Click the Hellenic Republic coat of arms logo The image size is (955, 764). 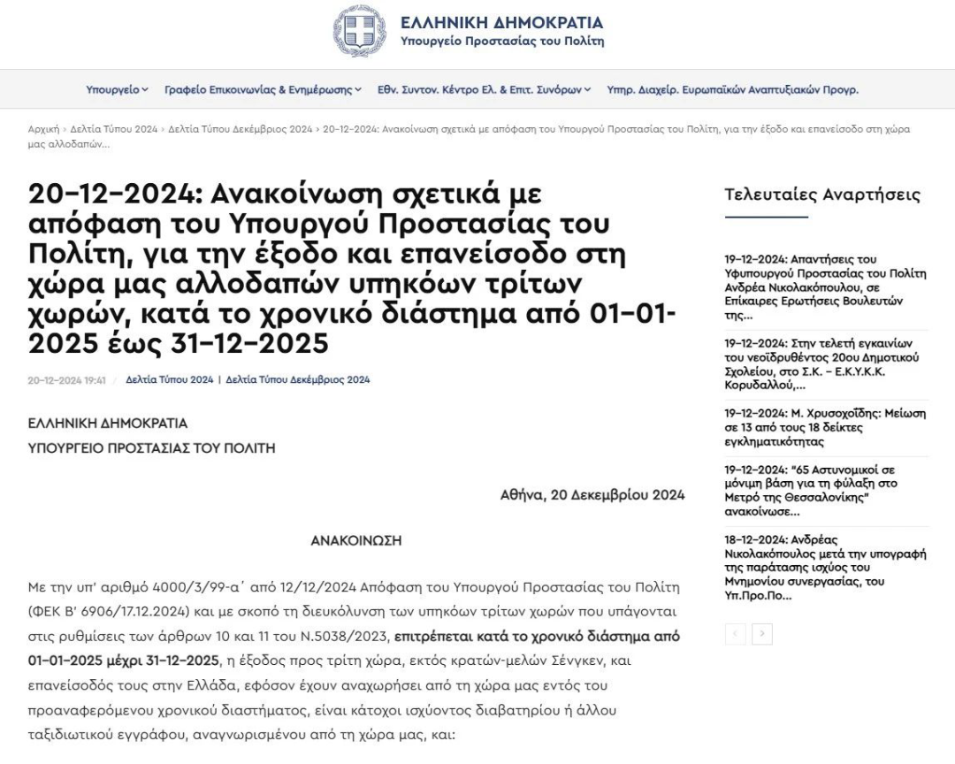pyautogui.click(x=359, y=31)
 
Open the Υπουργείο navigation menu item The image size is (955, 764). pyautogui.click(x=117, y=89)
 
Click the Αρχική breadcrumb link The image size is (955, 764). pyautogui.click(x=43, y=129)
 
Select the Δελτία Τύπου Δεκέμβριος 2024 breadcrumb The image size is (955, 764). pyautogui.click(x=241, y=129)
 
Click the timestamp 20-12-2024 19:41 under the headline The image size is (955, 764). pyautogui.click(x=67, y=380)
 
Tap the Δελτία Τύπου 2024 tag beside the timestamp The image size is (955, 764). pyautogui.click(x=169, y=380)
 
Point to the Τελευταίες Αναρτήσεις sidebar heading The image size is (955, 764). pyautogui.click(x=822, y=195)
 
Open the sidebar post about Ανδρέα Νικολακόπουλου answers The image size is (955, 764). pyautogui.click(x=825, y=287)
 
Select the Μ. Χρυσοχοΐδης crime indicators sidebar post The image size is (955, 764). pyautogui.click(x=825, y=427)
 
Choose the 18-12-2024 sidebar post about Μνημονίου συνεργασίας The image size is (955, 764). pyautogui.click(x=825, y=568)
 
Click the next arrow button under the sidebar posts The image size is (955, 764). pyautogui.click(x=762, y=634)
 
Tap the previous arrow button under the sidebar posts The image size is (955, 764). pyautogui.click(x=735, y=634)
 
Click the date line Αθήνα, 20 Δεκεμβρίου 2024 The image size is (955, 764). pyautogui.click(x=592, y=495)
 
